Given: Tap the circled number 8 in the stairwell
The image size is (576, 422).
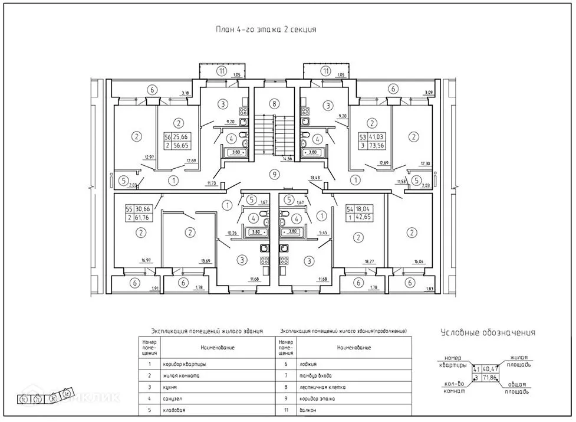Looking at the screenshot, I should click(273, 104).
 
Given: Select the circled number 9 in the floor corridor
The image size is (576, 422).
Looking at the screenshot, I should click(273, 174).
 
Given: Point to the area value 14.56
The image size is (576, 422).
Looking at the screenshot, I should click(288, 159).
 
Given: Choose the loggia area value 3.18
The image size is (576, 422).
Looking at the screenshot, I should click(185, 93).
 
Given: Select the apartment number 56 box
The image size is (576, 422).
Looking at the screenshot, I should click(167, 136).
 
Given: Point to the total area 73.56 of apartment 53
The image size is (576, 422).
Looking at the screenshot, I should click(377, 146).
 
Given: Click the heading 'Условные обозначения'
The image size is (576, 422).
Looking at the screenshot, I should click(488, 332).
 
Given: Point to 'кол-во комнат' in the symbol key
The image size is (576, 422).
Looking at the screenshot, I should click(454, 387).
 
